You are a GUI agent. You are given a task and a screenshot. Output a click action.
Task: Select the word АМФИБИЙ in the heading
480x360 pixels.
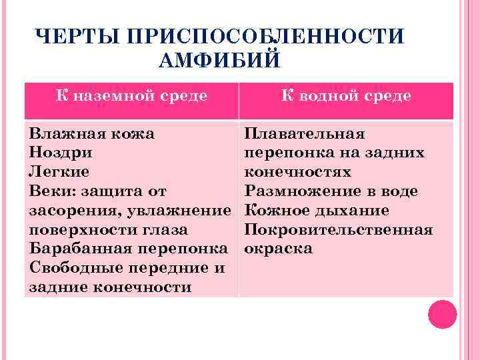pyautogui.click(x=221, y=61)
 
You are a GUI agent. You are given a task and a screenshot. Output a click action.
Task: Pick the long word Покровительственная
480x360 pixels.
pyautogui.click(x=339, y=230)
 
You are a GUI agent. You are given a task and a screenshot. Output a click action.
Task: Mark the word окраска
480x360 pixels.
pyautogui.click(x=278, y=249)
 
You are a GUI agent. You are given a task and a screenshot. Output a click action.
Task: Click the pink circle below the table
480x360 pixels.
pyautogui.click(x=442, y=315)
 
